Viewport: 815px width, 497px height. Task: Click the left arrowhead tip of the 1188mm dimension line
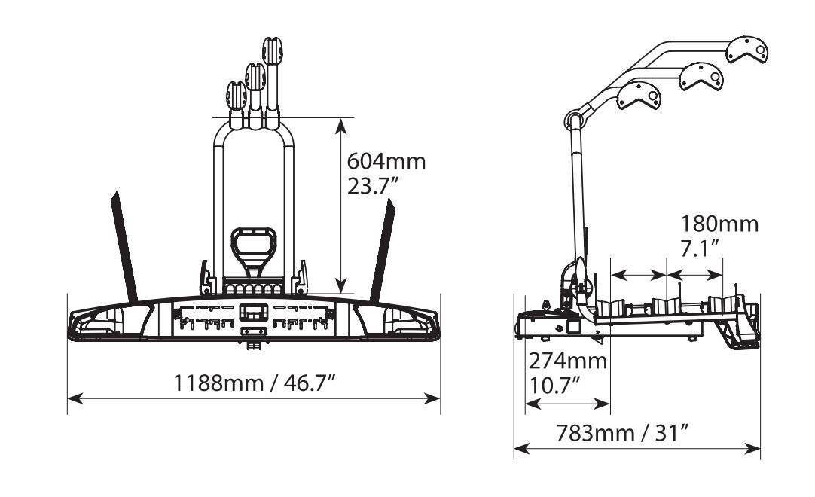[x=68, y=399]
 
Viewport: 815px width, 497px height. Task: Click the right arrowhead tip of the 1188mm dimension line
[x=440, y=399]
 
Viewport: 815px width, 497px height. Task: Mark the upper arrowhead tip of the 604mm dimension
[x=340, y=119]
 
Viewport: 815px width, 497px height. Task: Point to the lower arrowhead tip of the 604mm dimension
[x=340, y=293]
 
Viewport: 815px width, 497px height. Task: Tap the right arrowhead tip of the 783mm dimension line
[x=760, y=448]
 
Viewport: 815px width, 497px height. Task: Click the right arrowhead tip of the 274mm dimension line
[x=609, y=404]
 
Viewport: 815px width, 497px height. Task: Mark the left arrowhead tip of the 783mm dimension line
[x=514, y=448]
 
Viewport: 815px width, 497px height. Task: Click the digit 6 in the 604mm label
[x=354, y=161]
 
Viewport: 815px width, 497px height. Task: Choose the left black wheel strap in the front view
[x=124, y=247]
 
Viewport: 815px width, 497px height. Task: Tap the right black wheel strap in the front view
[x=382, y=250]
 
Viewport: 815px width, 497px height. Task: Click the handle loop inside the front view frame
[x=253, y=248]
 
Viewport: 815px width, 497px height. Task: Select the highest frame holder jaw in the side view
[x=747, y=50]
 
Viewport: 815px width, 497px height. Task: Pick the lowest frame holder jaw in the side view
[x=639, y=96]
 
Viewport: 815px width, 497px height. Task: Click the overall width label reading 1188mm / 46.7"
[x=255, y=383]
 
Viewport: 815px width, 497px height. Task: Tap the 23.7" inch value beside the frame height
[x=373, y=185]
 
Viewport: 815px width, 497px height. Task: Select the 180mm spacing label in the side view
[x=720, y=224]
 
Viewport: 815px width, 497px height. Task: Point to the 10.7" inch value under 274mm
[x=554, y=386]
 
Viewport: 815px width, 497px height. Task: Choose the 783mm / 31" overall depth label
[x=623, y=432]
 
